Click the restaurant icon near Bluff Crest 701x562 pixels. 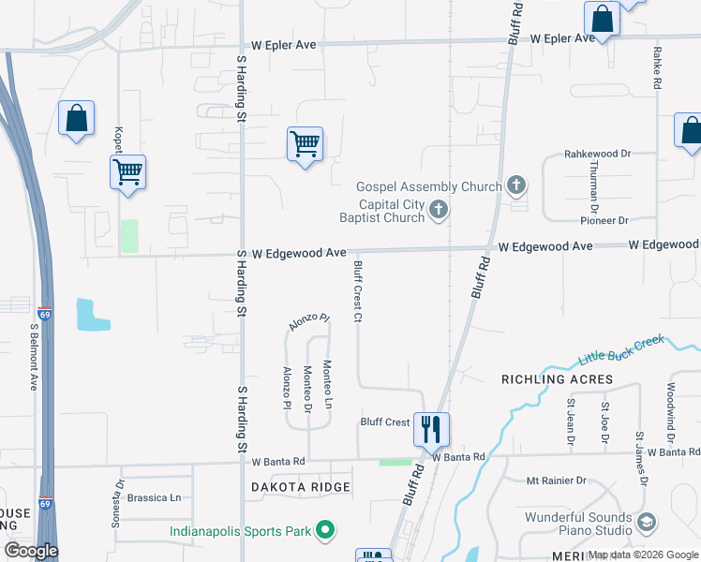(x=431, y=430)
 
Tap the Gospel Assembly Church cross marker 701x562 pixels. (x=515, y=185)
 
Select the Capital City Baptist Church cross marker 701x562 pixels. (x=438, y=211)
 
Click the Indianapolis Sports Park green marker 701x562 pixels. (x=325, y=531)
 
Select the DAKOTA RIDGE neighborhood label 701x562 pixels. (x=301, y=487)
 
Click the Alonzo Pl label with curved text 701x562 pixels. (x=309, y=322)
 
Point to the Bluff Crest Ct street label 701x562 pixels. (x=357, y=291)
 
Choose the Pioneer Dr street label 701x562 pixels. (x=604, y=220)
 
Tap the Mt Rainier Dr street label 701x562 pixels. (x=556, y=481)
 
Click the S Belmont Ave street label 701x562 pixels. (x=34, y=357)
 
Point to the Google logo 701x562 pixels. (x=31, y=551)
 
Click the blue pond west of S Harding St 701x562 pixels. (x=92, y=315)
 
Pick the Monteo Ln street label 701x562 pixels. (x=327, y=385)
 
